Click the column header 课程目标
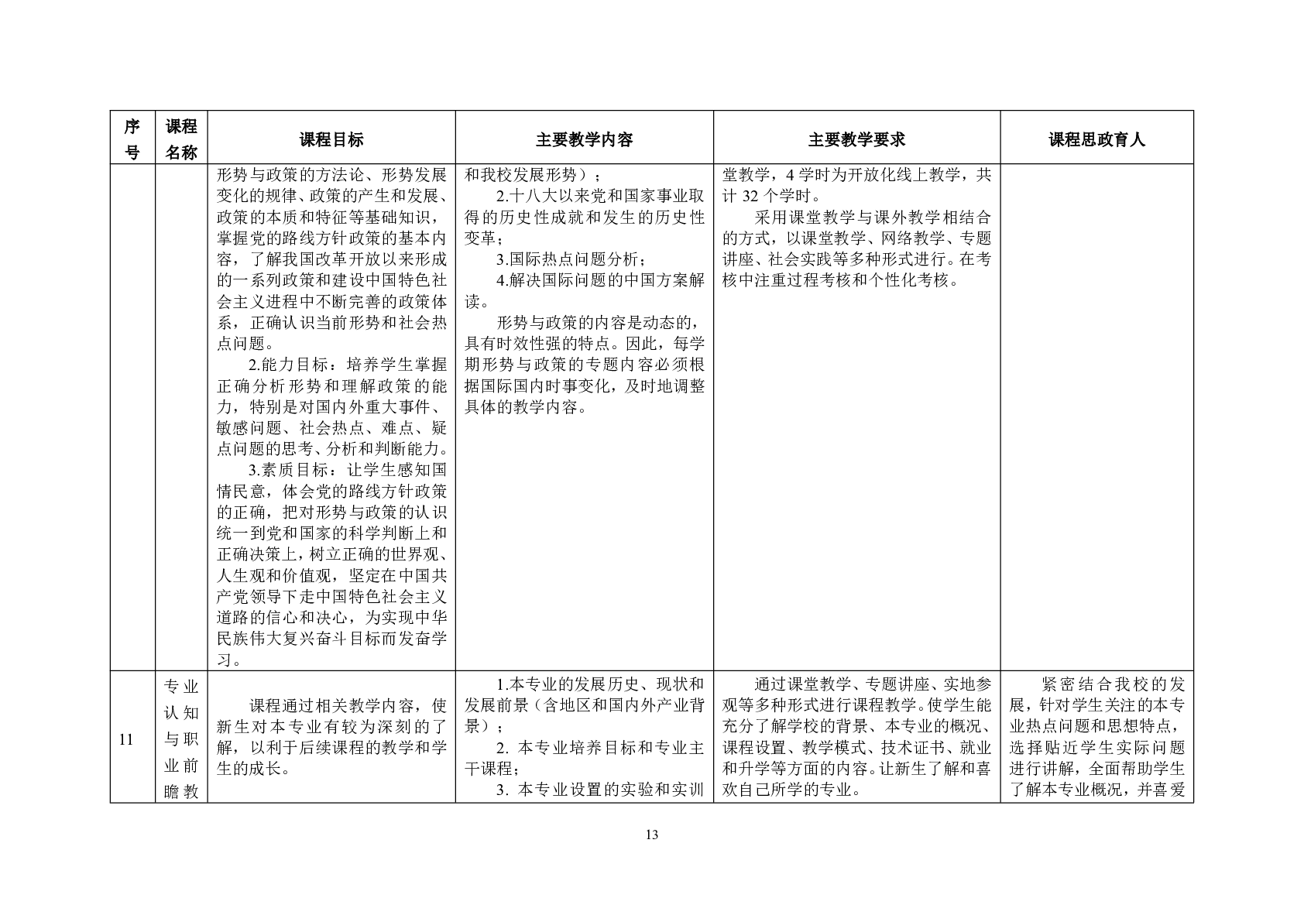click(x=331, y=139)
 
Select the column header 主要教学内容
click(x=584, y=139)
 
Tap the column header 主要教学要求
click(x=856, y=139)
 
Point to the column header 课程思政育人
click(x=1096, y=139)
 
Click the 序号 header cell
click(x=132, y=139)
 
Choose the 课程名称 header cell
click(x=181, y=139)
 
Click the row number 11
click(x=126, y=739)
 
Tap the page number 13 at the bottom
click(x=651, y=834)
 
